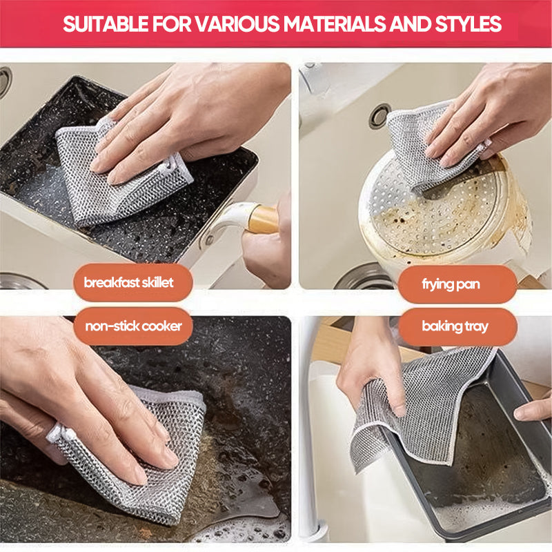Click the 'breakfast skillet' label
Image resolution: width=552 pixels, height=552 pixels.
tap(128, 282)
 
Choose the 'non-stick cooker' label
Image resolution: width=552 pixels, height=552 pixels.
tap(133, 325)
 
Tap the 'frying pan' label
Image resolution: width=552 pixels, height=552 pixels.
tap(451, 284)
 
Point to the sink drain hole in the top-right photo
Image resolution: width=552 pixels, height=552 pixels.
tap(379, 116)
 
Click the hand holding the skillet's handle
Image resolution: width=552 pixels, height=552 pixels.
tap(269, 248)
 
